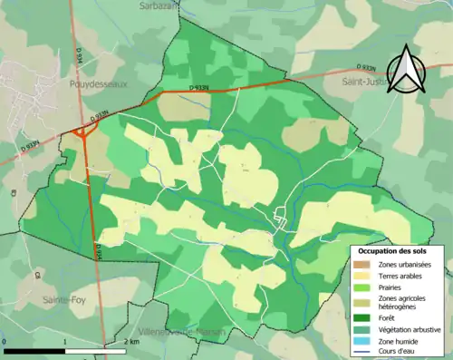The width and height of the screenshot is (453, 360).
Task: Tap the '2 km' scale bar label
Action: (132, 343)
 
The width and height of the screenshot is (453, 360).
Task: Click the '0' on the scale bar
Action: (5, 343)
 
